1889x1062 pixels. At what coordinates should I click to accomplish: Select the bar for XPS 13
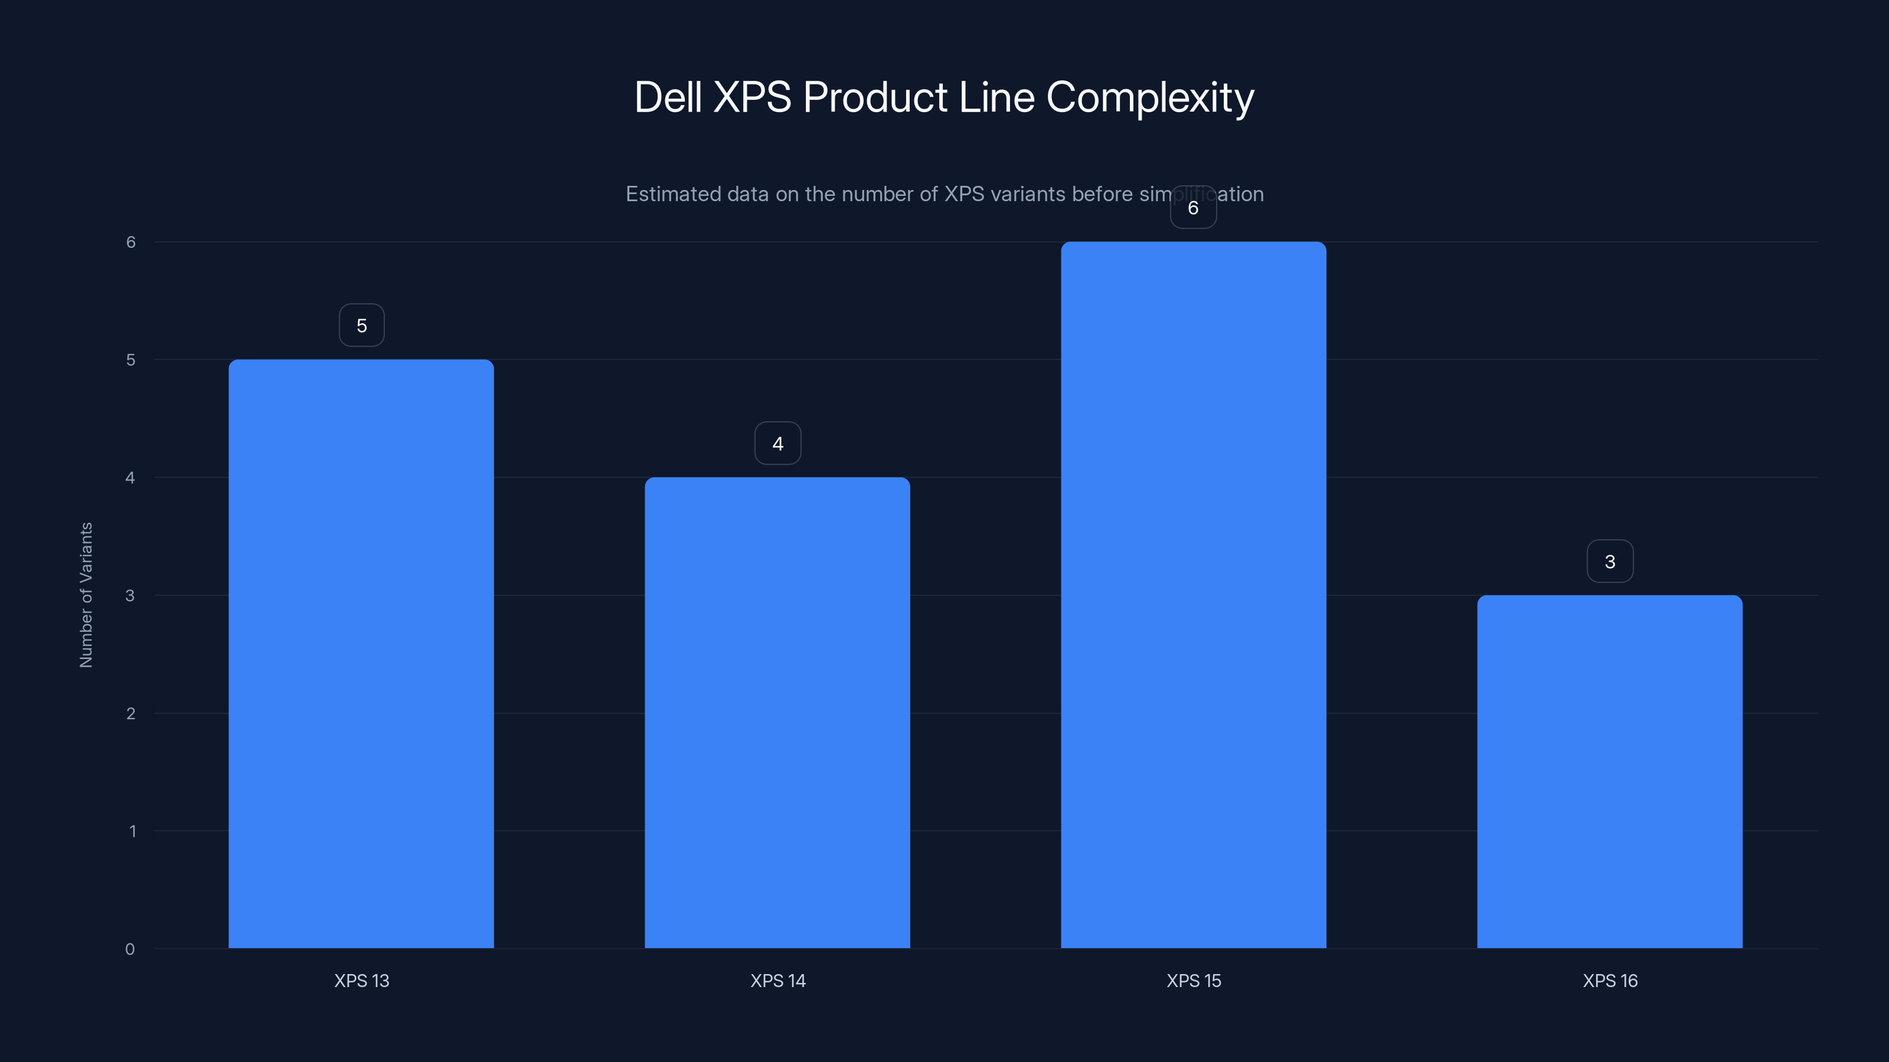[x=361, y=653]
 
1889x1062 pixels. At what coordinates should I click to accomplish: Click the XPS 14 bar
[x=777, y=712]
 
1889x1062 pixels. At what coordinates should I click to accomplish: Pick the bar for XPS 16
[x=1610, y=771]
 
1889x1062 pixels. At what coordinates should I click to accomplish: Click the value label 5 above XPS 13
[x=361, y=326]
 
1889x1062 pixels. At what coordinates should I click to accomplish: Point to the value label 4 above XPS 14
[x=778, y=444]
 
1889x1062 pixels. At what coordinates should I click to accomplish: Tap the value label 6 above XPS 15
[x=1193, y=208]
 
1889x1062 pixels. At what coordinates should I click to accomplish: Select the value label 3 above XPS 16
[x=1610, y=562]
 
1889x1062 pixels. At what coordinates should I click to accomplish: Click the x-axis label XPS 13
[x=361, y=981]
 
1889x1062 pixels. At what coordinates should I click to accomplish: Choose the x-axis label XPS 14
[x=778, y=981]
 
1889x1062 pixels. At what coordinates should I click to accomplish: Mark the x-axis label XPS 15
[x=1194, y=981]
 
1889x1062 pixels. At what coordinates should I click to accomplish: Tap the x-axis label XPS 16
[x=1610, y=981]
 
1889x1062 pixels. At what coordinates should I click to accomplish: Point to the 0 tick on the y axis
[x=130, y=949]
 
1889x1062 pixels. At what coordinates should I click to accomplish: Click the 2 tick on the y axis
[x=130, y=713]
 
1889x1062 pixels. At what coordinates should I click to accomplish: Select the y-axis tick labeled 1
[x=133, y=831]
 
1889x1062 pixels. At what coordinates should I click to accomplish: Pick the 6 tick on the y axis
[x=130, y=242]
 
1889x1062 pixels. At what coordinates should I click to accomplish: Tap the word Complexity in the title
[x=1150, y=97]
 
